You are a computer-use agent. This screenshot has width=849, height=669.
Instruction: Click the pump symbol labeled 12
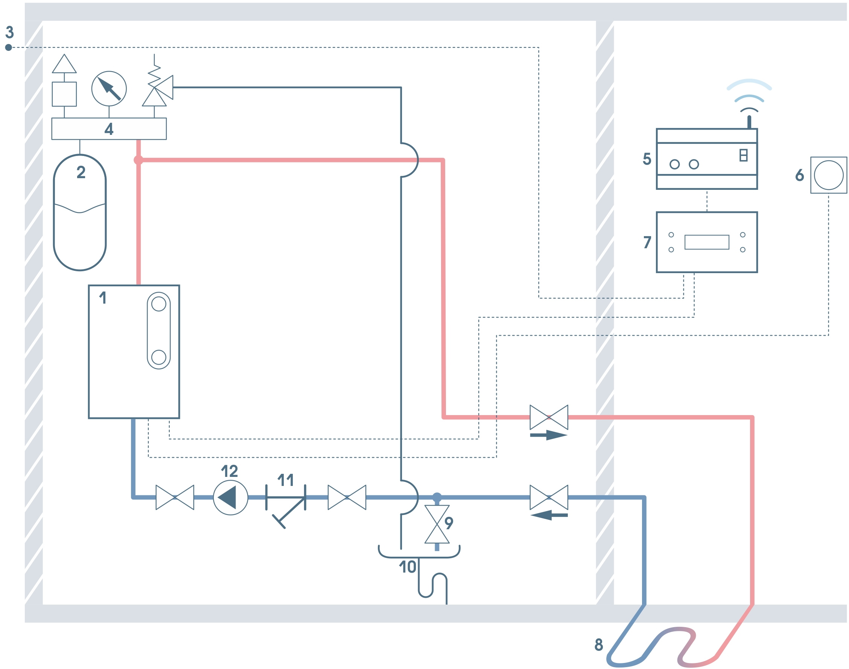pos(230,498)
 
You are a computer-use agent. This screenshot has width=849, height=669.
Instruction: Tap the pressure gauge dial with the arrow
pos(109,89)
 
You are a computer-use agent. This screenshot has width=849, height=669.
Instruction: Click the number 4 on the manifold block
pos(109,129)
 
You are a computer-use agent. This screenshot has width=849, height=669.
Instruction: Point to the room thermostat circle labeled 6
pos(828,176)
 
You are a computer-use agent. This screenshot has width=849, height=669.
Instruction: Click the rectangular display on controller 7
pos(707,242)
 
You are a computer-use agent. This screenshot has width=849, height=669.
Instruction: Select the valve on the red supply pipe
pos(549,417)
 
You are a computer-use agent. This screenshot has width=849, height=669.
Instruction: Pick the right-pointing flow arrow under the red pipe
pos(549,435)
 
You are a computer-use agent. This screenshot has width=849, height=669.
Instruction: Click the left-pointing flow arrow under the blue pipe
pos(549,515)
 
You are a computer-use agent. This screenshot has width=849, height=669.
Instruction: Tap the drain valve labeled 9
pos(437,524)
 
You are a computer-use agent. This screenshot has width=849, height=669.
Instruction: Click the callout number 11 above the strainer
pos(285,480)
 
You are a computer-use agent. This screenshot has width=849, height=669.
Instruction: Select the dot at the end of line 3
pos(9,47)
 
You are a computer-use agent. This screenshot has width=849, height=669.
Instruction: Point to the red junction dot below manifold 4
pos(138,160)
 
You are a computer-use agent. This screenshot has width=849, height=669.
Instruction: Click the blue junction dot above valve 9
pos(437,498)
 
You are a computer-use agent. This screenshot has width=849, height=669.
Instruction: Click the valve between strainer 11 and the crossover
pos(347,498)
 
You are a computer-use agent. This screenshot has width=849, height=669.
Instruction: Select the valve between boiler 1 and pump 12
pos(175,498)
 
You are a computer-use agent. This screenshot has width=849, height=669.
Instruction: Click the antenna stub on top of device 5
pos(749,122)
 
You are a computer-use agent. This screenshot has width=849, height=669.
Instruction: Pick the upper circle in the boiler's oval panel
pos(158,304)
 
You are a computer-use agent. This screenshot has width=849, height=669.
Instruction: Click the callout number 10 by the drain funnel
pos(407,567)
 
